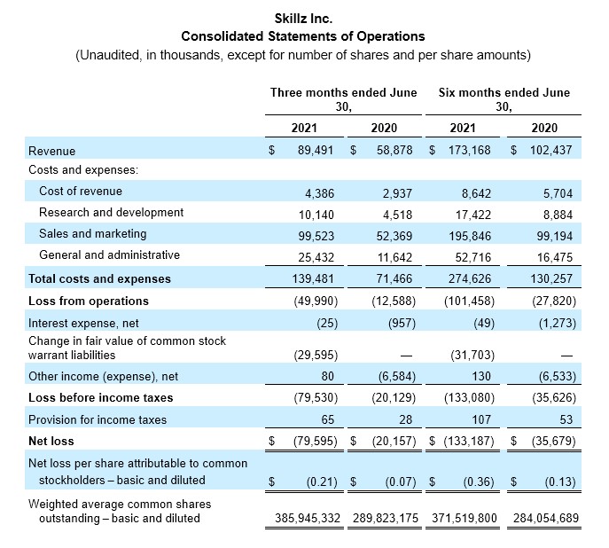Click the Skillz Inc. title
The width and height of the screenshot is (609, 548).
point(303,19)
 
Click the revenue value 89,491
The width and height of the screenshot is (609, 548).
point(316,151)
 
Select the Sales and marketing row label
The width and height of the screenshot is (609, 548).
point(93,234)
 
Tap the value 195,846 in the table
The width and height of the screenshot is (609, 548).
point(470,236)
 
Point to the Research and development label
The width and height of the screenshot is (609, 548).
point(111,213)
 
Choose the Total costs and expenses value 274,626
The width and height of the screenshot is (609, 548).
point(470,278)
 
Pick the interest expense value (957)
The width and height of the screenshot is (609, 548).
point(402,323)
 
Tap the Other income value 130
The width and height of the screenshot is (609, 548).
point(481,376)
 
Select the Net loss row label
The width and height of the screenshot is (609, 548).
point(51,442)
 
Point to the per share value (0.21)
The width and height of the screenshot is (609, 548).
point(322,482)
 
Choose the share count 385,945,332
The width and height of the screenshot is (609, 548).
point(308,518)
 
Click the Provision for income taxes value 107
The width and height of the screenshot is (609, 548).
point(481,419)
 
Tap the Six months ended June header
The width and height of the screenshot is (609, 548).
point(504,92)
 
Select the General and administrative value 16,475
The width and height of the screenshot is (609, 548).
point(555,257)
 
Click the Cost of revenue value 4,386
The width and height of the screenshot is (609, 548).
point(319,193)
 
